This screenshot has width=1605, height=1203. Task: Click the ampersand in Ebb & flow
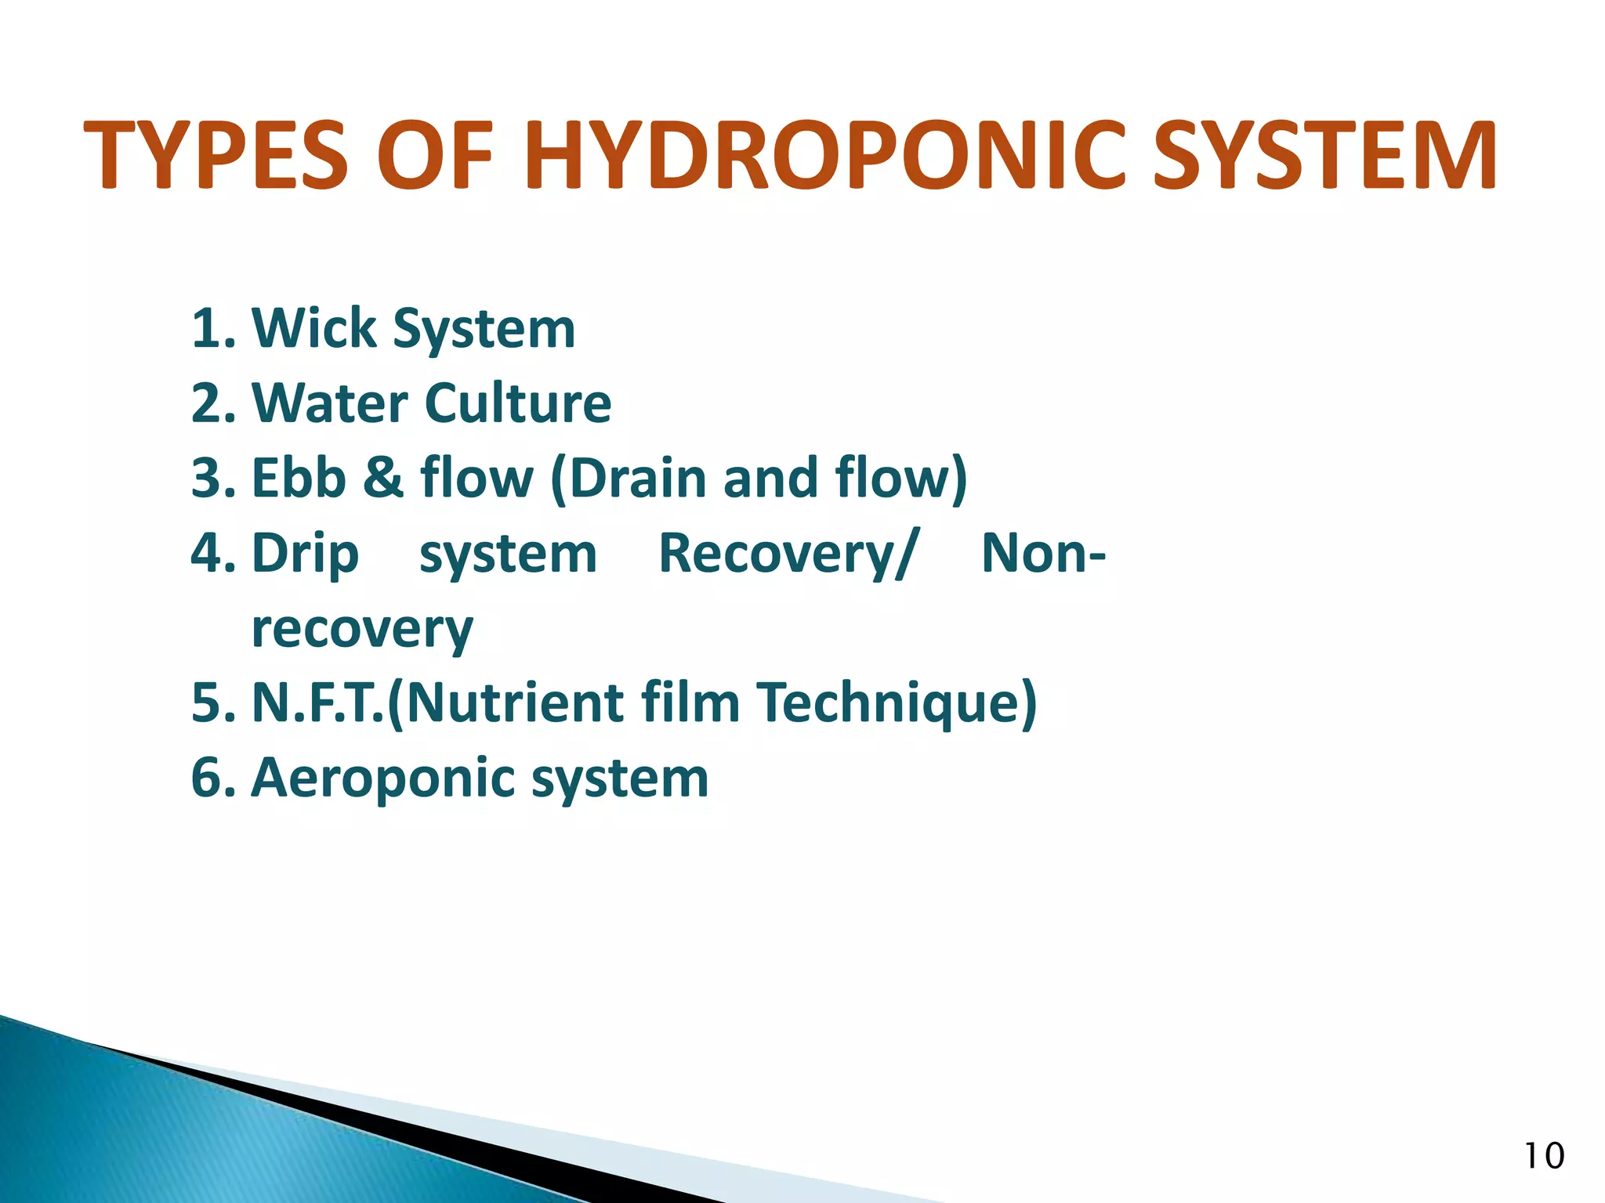tap(383, 478)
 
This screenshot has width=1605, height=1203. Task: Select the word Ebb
tap(299, 478)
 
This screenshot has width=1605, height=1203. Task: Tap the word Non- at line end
tap(1043, 553)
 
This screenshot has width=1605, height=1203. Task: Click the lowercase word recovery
tap(362, 629)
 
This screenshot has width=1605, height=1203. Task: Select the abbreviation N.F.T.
tap(318, 703)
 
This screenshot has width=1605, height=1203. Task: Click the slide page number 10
tap(1543, 1156)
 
